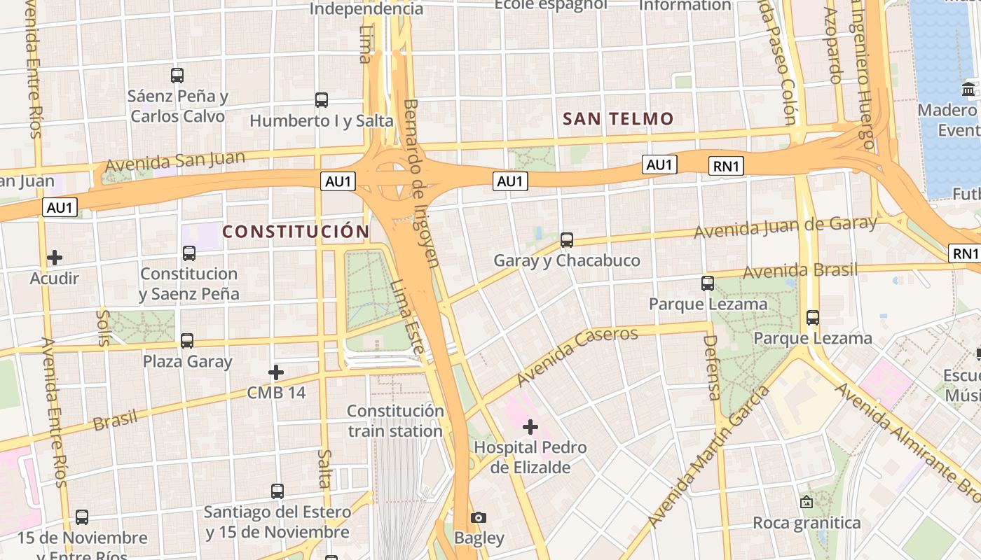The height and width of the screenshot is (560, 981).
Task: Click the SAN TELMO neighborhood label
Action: pos(618,119)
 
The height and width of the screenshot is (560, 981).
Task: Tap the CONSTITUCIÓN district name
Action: pos(296,232)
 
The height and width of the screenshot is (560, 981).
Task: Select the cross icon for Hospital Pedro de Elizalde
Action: pos(530,426)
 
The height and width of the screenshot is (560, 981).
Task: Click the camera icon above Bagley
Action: pos(479,517)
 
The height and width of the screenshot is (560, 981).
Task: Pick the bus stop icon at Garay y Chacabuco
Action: pos(567,240)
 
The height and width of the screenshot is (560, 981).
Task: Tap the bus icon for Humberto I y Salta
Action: pos(322,100)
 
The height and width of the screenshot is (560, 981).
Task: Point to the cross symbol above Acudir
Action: pos(55,258)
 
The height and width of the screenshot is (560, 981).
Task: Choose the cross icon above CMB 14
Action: pos(276,372)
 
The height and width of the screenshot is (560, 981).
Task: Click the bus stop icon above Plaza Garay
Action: pos(187,341)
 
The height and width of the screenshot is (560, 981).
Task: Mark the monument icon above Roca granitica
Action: pos(807,502)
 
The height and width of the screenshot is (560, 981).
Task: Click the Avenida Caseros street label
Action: pos(577,356)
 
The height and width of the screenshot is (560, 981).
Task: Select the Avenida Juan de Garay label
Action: pos(785,227)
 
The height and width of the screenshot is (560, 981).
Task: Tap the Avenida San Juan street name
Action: pos(174,162)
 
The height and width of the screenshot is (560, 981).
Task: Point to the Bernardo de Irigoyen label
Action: pos(422,183)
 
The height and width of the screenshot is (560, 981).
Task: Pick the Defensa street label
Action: pos(712,367)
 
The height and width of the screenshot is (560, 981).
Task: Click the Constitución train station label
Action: pos(395,421)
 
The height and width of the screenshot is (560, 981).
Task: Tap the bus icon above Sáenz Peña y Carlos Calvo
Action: pos(177,75)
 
